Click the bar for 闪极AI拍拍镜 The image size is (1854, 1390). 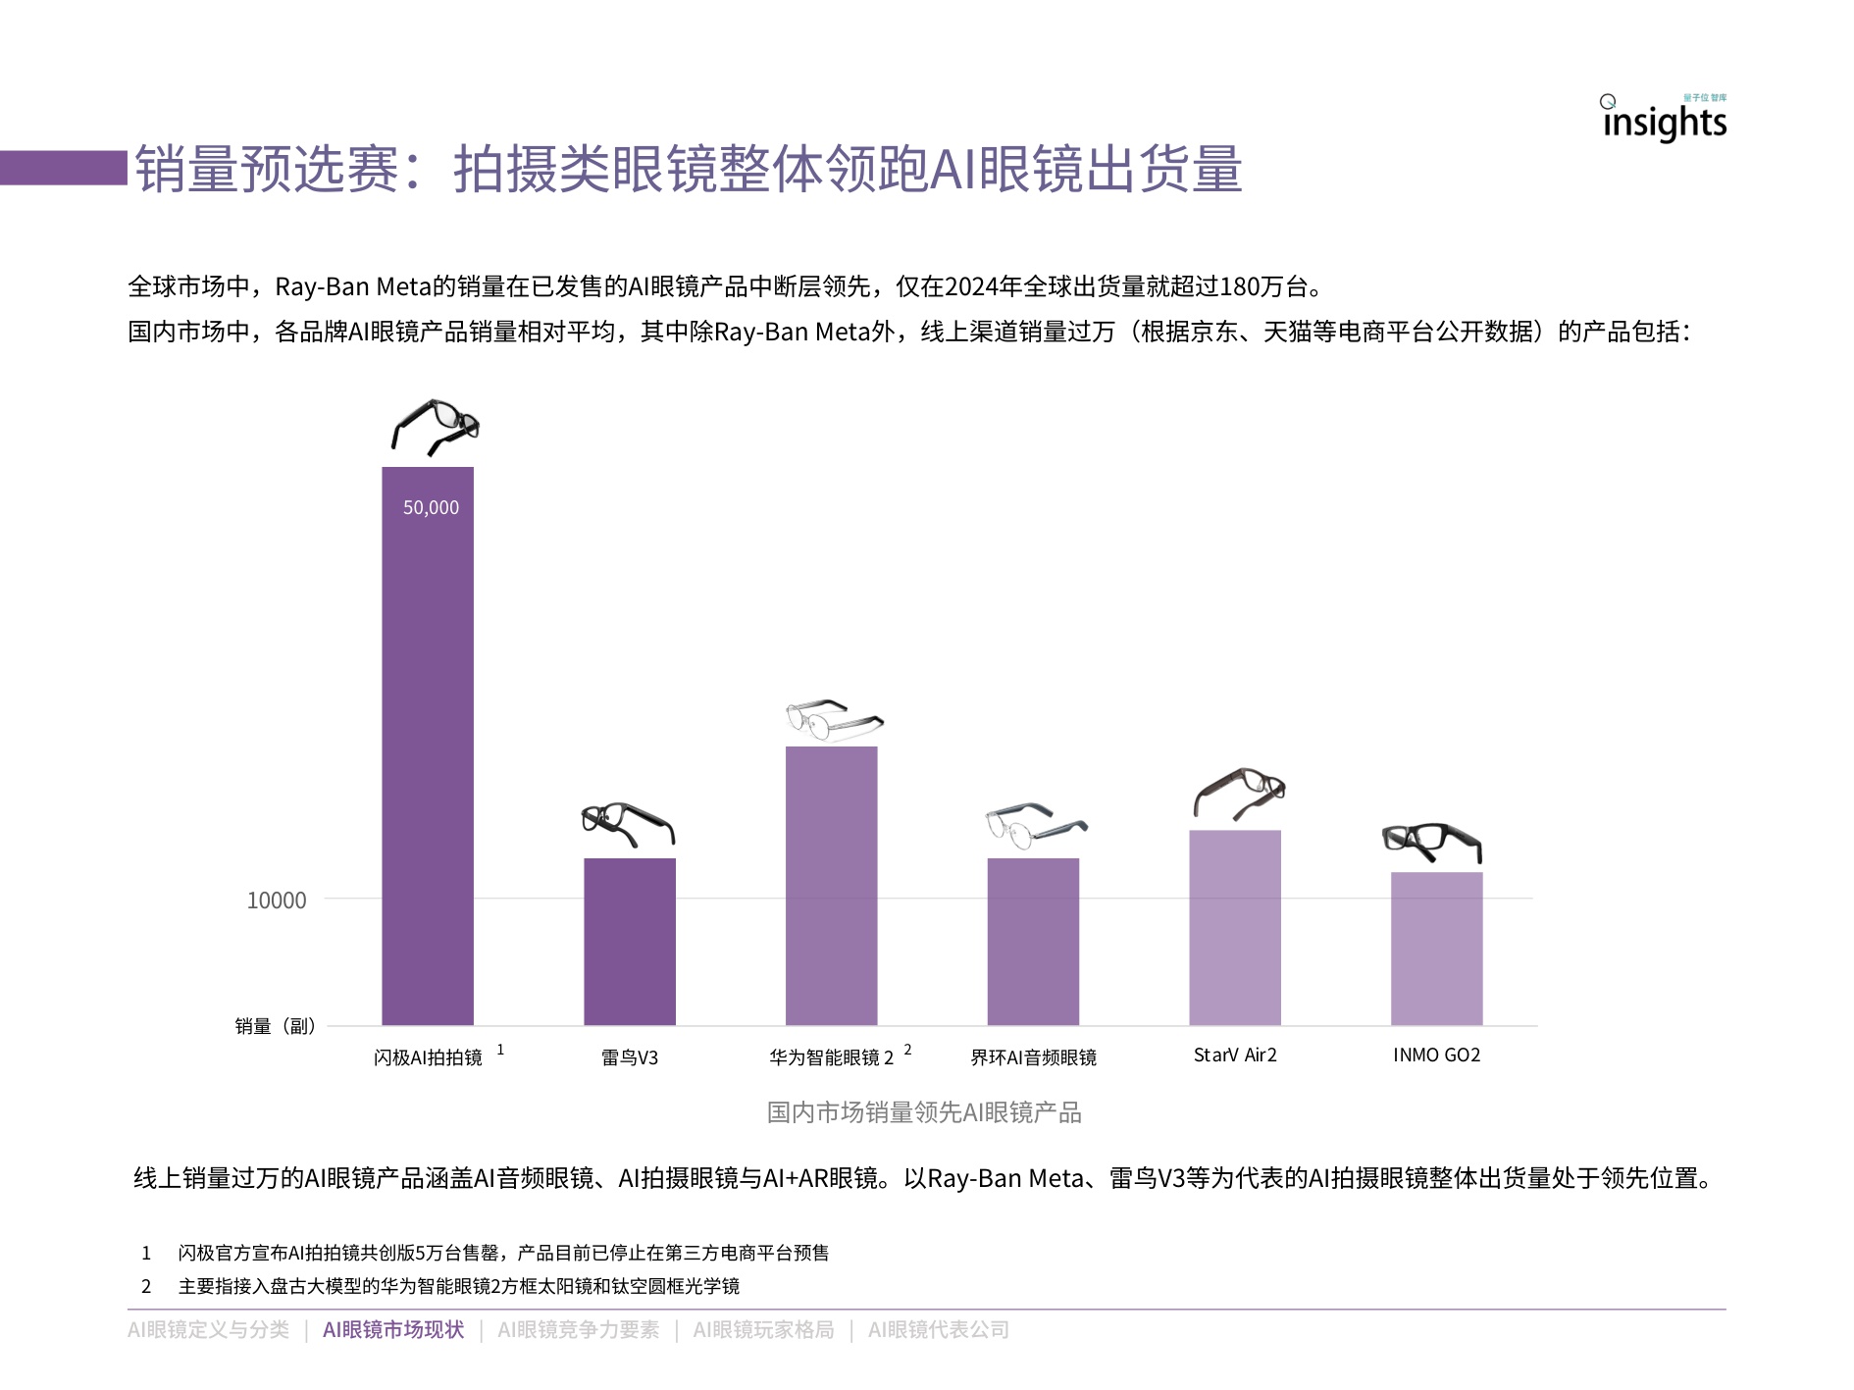click(428, 746)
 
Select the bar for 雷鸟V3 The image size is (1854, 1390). click(630, 942)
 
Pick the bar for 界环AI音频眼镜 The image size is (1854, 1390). click(1033, 942)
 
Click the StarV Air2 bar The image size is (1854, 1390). click(1235, 928)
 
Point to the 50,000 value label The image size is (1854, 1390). click(431, 507)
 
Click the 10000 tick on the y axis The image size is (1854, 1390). click(277, 900)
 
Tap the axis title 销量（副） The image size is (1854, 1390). click(276, 1026)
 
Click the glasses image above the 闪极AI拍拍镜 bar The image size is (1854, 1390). click(435, 427)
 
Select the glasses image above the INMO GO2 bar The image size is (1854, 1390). click(1432, 842)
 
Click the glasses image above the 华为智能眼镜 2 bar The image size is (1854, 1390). click(832, 719)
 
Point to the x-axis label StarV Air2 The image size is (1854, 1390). click(1235, 1055)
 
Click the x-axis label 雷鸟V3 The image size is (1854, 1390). click(630, 1057)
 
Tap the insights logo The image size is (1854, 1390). click(1664, 120)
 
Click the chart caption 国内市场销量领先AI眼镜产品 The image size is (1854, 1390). click(923, 1112)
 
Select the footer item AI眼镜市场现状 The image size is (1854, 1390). click(393, 1329)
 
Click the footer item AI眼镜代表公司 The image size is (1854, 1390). click(938, 1329)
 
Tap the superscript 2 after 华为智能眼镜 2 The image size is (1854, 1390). click(907, 1049)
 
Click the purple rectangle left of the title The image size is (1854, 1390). click(64, 168)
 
